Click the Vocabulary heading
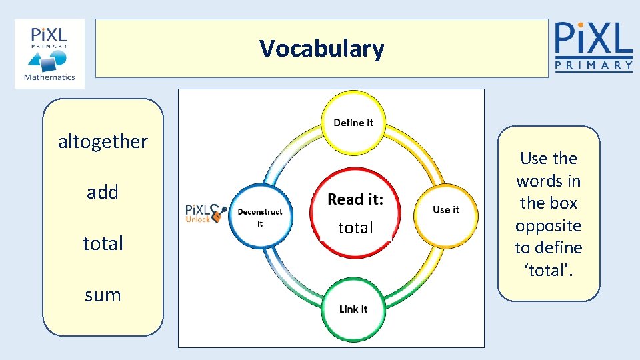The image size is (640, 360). (322, 49)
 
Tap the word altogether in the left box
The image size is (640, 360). (103, 141)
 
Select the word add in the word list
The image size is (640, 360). (103, 192)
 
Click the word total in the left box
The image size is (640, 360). (103, 243)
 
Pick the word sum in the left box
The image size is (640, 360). (103, 295)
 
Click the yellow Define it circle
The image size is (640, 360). (353, 123)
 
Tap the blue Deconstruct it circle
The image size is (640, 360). (259, 216)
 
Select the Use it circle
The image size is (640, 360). (445, 210)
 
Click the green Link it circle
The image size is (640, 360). (353, 309)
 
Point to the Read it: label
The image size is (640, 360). (355, 199)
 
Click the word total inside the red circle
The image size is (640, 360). (355, 228)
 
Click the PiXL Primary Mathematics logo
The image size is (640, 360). (50, 54)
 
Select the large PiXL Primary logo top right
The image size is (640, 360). (593, 45)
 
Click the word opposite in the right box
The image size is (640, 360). (548, 225)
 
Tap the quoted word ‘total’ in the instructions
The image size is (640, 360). (548, 271)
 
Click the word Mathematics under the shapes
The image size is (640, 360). (50, 77)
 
